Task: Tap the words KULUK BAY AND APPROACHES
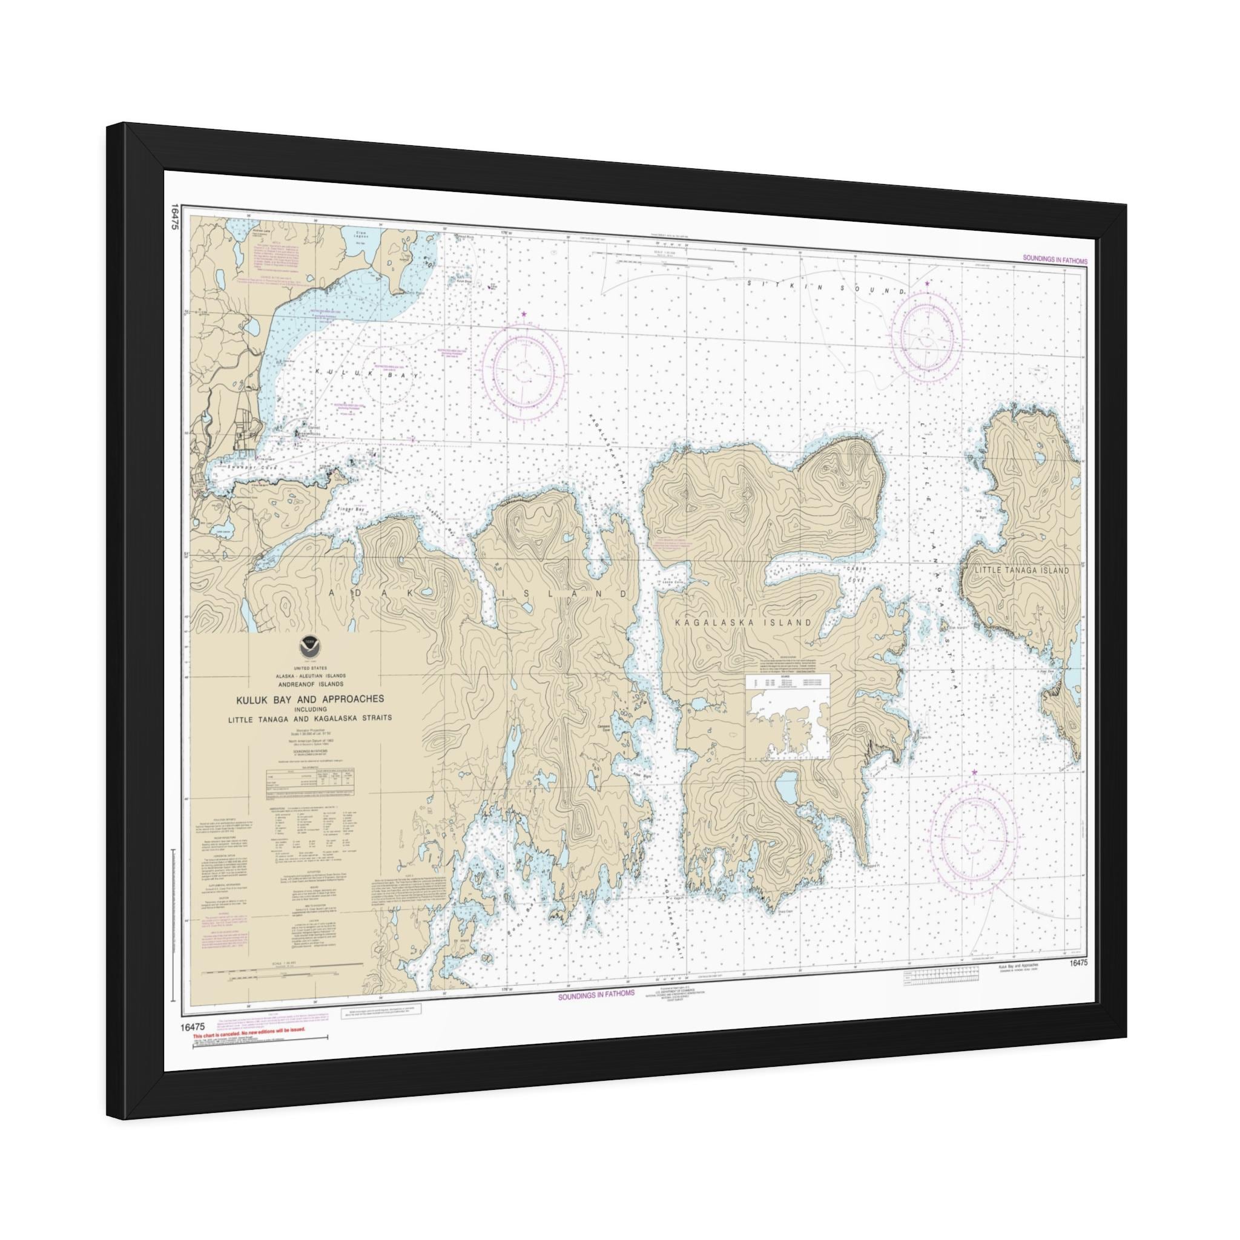(x=309, y=699)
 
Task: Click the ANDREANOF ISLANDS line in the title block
(x=310, y=684)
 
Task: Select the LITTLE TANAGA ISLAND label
(x=1021, y=570)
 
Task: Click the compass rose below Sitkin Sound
(x=931, y=334)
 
